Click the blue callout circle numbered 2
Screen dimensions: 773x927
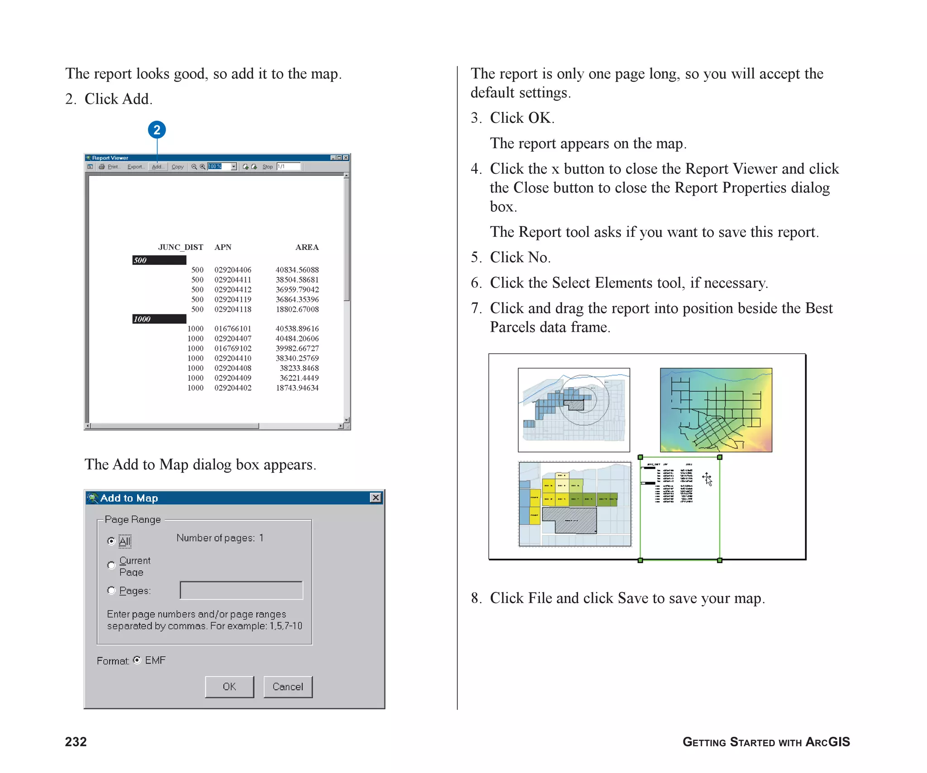coord(157,130)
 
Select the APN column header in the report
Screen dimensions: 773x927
coord(223,247)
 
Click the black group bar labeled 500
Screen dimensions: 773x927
coord(159,260)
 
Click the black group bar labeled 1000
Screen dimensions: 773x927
coord(159,319)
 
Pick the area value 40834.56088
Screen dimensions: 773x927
coord(297,270)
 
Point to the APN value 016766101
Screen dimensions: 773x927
coord(233,329)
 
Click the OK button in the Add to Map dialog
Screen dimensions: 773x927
coord(229,687)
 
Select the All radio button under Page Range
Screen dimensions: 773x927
coord(111,541)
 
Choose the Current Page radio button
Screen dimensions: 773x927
coord(111,565)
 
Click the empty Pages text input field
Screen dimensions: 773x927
coord(241,591)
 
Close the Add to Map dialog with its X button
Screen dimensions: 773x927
coord(375,498)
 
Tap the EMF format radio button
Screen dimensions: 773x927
coord(137,660)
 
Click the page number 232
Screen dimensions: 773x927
coord(76,742)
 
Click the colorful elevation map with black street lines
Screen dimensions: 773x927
coord(716,410)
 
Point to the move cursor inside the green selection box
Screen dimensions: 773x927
coord(707,479)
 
